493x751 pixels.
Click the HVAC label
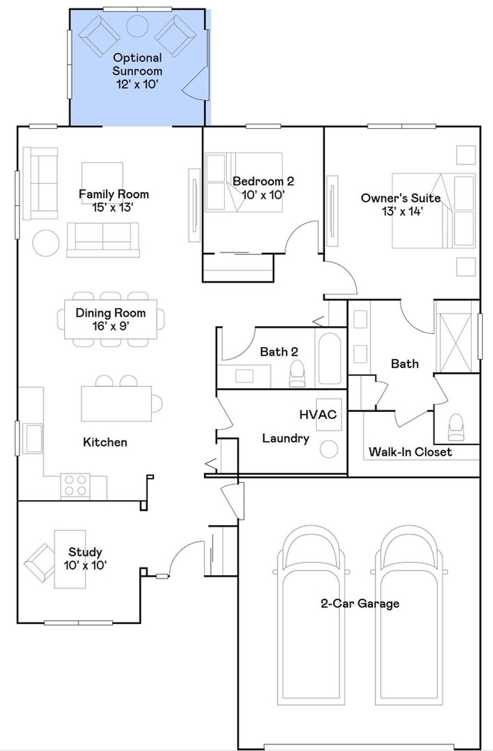(318, 414)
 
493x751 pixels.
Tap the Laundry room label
(285, 438)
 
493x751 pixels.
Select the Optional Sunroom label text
(137, 64)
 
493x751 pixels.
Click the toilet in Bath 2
(297, 373)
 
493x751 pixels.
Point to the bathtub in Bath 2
(329, 358)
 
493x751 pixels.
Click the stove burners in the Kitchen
(75, 485)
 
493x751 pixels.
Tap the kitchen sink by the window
(32, 438)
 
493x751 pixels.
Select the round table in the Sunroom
(137, 26)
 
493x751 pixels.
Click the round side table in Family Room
(46, 243)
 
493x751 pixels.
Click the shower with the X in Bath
(455, 342)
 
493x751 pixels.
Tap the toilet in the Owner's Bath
(456, 427)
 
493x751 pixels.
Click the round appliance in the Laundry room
(329, 449)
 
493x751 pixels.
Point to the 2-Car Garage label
(360, 604)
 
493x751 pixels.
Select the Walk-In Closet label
(410, 452)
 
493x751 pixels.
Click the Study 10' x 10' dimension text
(85, 565)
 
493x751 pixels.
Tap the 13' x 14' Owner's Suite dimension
(402, 211)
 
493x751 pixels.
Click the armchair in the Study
(39, 563)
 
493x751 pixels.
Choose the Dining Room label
(111, 312)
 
